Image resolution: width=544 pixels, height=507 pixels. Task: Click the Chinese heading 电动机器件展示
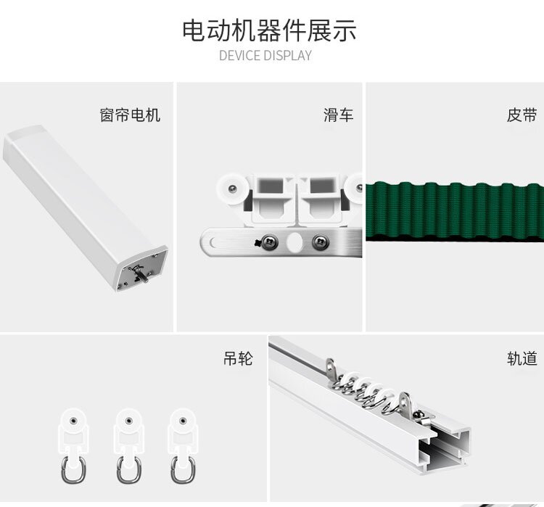click(269, 30)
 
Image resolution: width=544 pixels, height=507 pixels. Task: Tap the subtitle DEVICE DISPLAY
click(265, 56)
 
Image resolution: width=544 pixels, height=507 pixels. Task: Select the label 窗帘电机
click(130, 115)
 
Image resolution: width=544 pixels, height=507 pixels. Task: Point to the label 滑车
click(338, 115)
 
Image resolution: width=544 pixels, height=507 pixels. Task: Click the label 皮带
click(522, 115)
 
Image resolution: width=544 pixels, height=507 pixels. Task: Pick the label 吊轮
click(238, 358)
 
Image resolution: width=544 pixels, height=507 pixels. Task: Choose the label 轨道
click(522, 358)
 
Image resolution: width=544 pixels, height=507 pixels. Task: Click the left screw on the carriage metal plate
click(270, 242)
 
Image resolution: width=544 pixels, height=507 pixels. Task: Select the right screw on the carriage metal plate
click(320, 242)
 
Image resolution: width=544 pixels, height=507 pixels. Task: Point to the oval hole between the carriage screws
click(294, 242)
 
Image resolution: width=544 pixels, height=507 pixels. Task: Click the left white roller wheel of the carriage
click(231, 189)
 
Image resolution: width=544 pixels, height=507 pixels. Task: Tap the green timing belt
click(455, 211)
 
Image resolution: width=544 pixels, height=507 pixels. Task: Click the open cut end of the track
click(445, 450)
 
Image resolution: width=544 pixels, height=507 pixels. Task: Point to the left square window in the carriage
click(271, 186)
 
